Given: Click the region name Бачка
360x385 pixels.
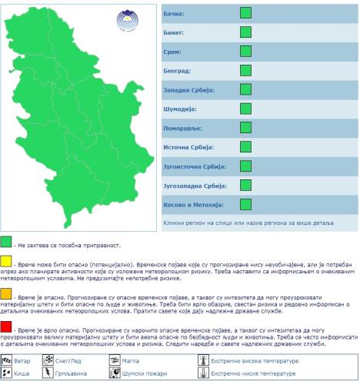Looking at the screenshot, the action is [x=175, y=14].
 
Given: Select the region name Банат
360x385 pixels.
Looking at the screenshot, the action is [x=175, y=33].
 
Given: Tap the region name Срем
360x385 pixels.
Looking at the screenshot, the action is [x=172, y=52].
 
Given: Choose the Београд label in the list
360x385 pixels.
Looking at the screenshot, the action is [x=178, y=72].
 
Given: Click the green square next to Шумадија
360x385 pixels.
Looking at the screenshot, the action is [x=245, y=109].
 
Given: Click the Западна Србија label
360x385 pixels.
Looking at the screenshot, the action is [x=188, y=91].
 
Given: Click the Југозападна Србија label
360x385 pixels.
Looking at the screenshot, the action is [x=195, y=186].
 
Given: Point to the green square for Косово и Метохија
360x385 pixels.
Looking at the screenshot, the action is [x=245, y=204].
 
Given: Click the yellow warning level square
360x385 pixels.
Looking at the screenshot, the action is [x=6, y=262].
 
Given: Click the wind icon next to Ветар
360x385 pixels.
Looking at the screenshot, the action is [x=8, y=360].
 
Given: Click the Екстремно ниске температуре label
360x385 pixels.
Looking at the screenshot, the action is [x=245, y=373].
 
